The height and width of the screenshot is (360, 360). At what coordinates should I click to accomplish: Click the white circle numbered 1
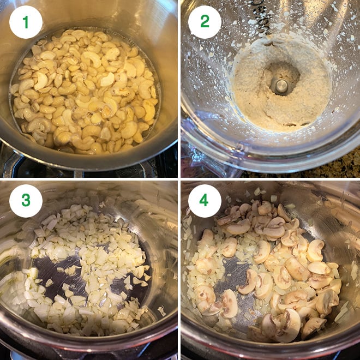coord(26,22)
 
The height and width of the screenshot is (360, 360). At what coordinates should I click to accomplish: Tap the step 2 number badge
coord(205,22)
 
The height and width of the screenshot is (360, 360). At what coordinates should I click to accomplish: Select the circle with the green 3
coord(26,201)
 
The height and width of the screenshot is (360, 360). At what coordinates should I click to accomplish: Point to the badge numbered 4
coord(205,201)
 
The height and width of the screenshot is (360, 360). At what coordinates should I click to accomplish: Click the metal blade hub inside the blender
coord(280,85)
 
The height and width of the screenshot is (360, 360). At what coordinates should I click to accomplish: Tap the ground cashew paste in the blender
coord(256,104)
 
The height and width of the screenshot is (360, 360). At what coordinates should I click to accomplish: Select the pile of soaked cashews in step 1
coord(87,93)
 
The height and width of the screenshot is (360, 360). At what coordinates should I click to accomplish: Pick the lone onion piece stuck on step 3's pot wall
coord(161,310)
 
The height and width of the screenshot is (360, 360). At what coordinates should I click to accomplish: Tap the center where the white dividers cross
coord(179,179)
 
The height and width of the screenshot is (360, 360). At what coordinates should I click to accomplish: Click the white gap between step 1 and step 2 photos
coord(179,87)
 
